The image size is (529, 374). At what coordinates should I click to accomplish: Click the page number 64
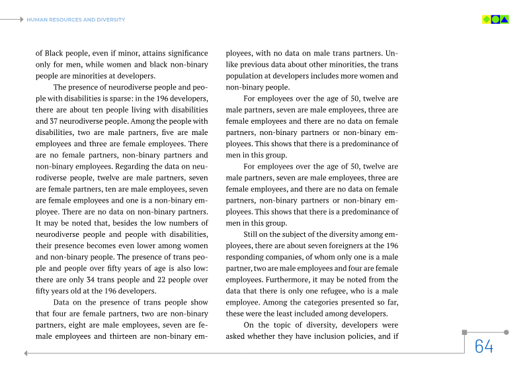pyautogui.click(x=484, y=346)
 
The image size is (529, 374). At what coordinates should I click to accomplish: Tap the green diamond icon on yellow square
pyautogui.click(x=487, y=19)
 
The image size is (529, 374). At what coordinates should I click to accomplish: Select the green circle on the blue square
pyautogui.click(x=495, y=19)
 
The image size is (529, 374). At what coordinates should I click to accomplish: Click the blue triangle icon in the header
pyautogui.click(x=505, y=19)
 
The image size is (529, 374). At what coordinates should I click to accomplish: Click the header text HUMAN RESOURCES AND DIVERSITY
pyautogui.click(x=75, y=20)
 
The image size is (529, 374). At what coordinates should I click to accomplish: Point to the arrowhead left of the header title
pyautogui.click(x=22, y=20)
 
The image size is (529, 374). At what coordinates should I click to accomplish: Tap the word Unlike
pyautogui.click(x=391, y=53)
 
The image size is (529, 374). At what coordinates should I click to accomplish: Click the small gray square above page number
pyautogui.click(x=464, y=332)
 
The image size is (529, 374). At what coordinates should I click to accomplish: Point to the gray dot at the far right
pyautogui.click(x=506, y=332)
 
